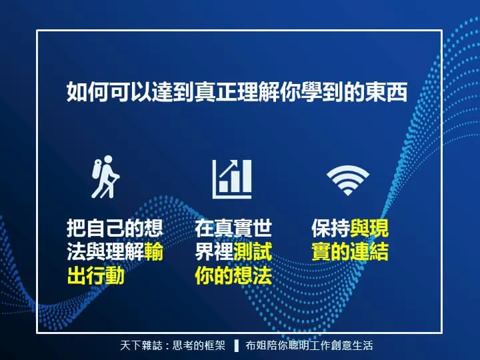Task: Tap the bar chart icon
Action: (232, 178)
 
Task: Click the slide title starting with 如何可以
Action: (237, 91)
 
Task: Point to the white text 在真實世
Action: (233, 229)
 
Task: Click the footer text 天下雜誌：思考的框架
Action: (173, 345)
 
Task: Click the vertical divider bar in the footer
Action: (236, 345)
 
